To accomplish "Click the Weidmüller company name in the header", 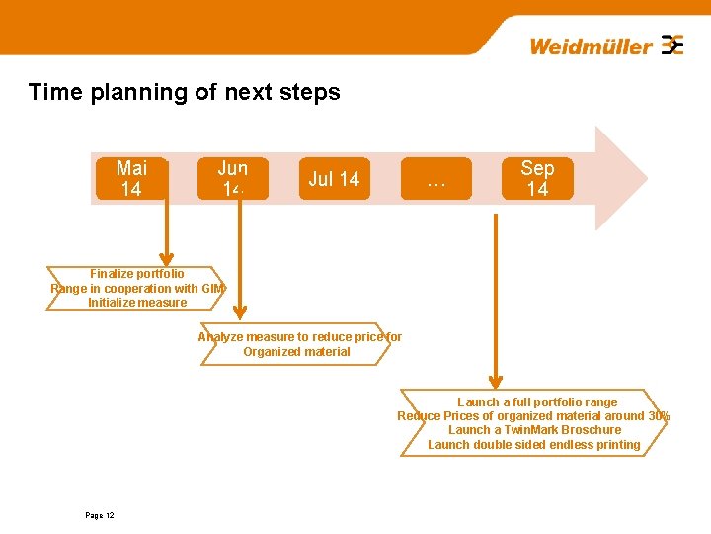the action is (x=591, y=46).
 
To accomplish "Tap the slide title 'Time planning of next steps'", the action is (x=185, y=93).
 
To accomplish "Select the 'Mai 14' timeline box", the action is (x=131, y=178).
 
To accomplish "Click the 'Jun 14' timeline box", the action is (x=234, y=178).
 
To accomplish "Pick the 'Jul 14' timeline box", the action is (x=334, y=179).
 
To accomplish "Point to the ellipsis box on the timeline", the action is (x=435, y=179).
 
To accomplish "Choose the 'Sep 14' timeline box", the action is (x=537, y=178).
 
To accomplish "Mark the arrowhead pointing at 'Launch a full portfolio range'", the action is (x=499, y=381).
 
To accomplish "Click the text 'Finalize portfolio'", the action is (x=137, y=274).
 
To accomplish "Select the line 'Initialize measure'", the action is (x=137, y=303).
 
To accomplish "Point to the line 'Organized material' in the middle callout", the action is (x=296, y=352).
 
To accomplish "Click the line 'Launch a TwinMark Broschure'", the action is (x=534, y=430).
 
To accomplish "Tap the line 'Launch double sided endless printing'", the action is (x=534, y=445).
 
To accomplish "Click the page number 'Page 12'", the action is (x=100, y=516).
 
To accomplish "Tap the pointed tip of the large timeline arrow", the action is (x=647, y=179).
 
